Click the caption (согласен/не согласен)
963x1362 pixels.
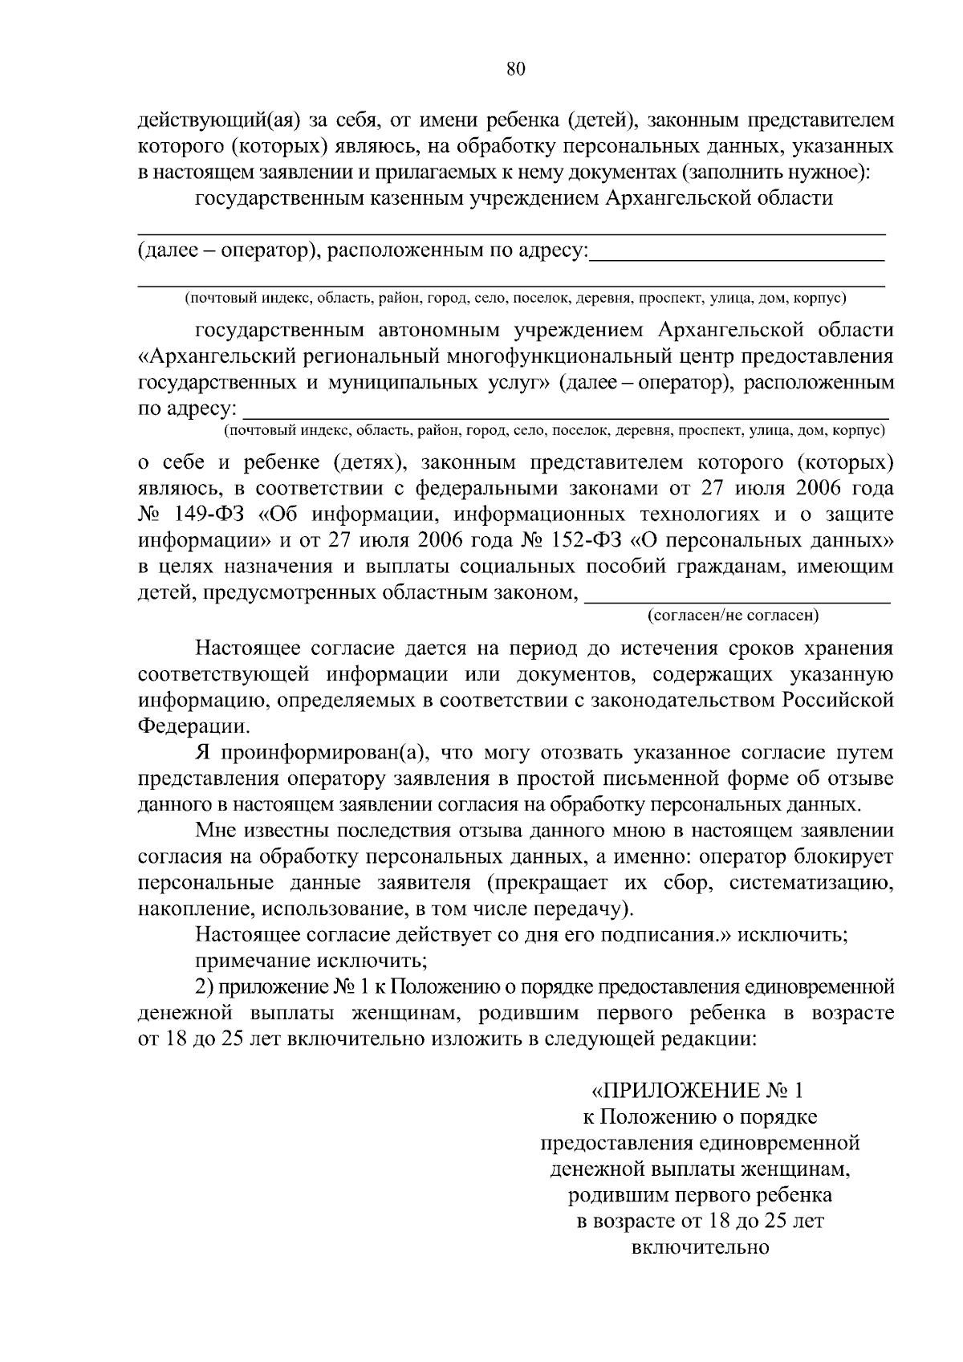click(733, 616)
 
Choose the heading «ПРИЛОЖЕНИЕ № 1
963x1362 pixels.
click(697, 1091)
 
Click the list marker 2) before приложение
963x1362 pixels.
click(205, 986)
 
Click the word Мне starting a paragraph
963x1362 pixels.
click(216, 831)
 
